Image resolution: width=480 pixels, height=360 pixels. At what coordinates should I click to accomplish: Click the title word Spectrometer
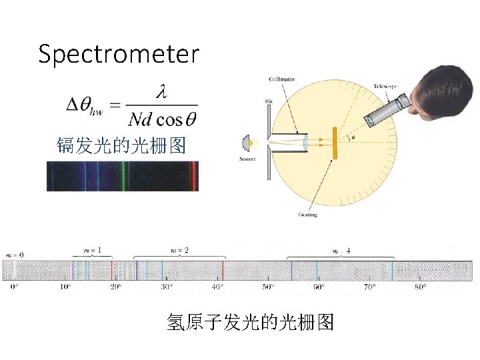click(119, 54)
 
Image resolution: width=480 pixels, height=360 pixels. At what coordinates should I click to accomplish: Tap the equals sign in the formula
click(114, 105)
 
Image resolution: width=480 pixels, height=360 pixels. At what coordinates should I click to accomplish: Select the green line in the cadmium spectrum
click(123, 176)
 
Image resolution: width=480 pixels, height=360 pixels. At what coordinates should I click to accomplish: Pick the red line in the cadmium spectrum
click(193, 176)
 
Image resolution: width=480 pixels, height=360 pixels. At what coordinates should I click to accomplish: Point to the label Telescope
click(385, 86)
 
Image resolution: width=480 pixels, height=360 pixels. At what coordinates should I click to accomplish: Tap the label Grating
click(308, 215)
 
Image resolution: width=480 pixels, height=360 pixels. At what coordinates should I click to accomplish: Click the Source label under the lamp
click(247, 159)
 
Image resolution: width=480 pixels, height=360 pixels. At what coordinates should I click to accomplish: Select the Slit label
click(269, 101)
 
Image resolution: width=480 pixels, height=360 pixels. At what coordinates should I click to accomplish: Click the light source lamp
click(248, 142)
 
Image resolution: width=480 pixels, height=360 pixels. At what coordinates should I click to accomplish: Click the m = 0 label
click(14, 255)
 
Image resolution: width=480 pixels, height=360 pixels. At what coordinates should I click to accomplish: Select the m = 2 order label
click(178, 250)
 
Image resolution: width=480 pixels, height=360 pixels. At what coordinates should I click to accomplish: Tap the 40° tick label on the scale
click(218, 287)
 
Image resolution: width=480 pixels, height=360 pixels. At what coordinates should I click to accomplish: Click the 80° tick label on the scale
click(420, 287)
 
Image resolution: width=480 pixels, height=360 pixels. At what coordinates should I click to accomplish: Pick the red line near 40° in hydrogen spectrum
click(222, 270)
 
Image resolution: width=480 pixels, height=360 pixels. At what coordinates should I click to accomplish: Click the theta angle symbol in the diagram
click(353, 139)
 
